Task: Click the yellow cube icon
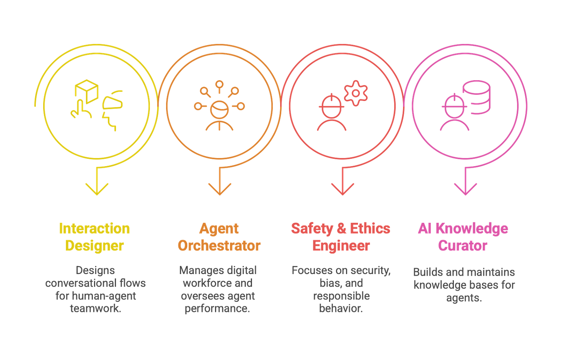86,89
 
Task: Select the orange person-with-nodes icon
219,106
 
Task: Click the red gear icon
356,93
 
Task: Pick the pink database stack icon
476,97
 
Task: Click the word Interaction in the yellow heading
94,229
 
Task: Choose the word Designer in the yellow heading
94,246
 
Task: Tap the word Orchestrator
219,246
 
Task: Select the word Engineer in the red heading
341,246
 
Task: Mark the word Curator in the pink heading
463,246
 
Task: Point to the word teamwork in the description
95,309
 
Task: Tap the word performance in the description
217,309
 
